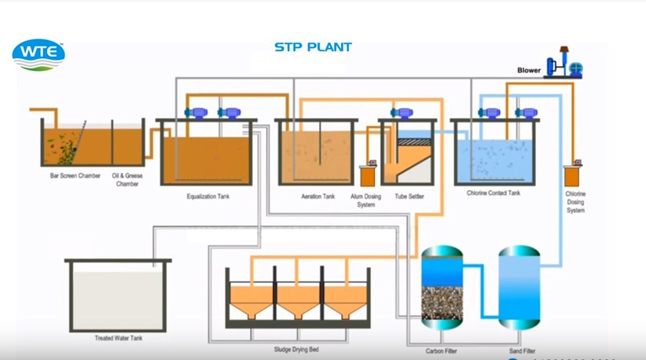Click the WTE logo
39,55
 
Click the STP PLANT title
313,47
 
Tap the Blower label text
528,71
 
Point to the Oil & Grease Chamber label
127,179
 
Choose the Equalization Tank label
207,196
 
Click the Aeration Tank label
318,196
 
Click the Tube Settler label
409,196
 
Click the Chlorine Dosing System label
575,202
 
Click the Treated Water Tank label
118,337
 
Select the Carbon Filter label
441,351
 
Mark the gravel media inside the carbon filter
442,303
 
